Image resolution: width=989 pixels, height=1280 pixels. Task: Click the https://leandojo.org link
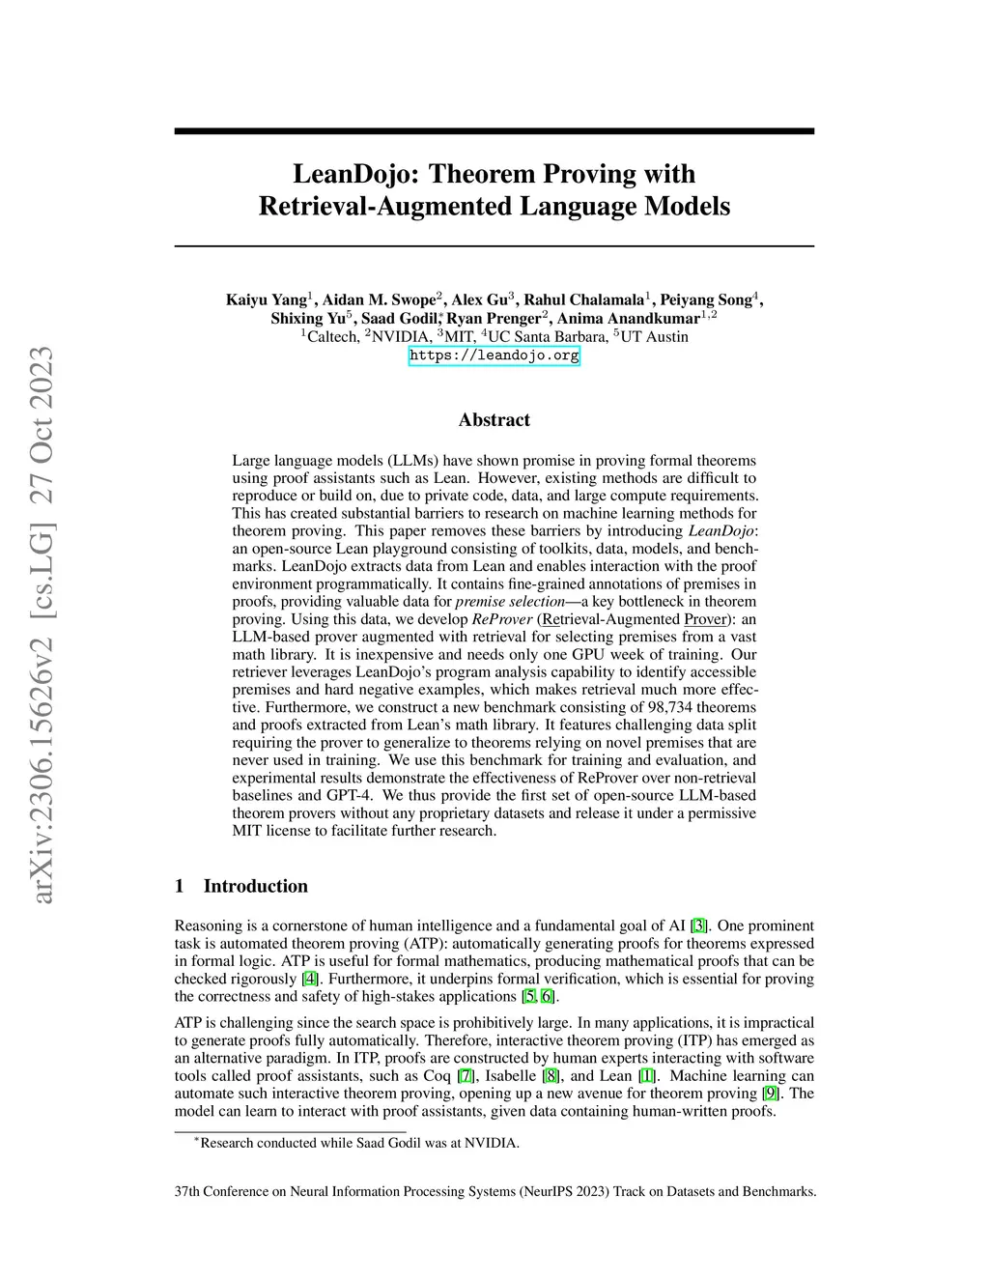[494, 356]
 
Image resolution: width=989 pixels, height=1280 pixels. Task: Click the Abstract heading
[494, 420]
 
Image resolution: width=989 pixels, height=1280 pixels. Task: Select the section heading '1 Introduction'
[240, 886]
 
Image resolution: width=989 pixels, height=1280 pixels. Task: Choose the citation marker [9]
[771, 1094]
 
